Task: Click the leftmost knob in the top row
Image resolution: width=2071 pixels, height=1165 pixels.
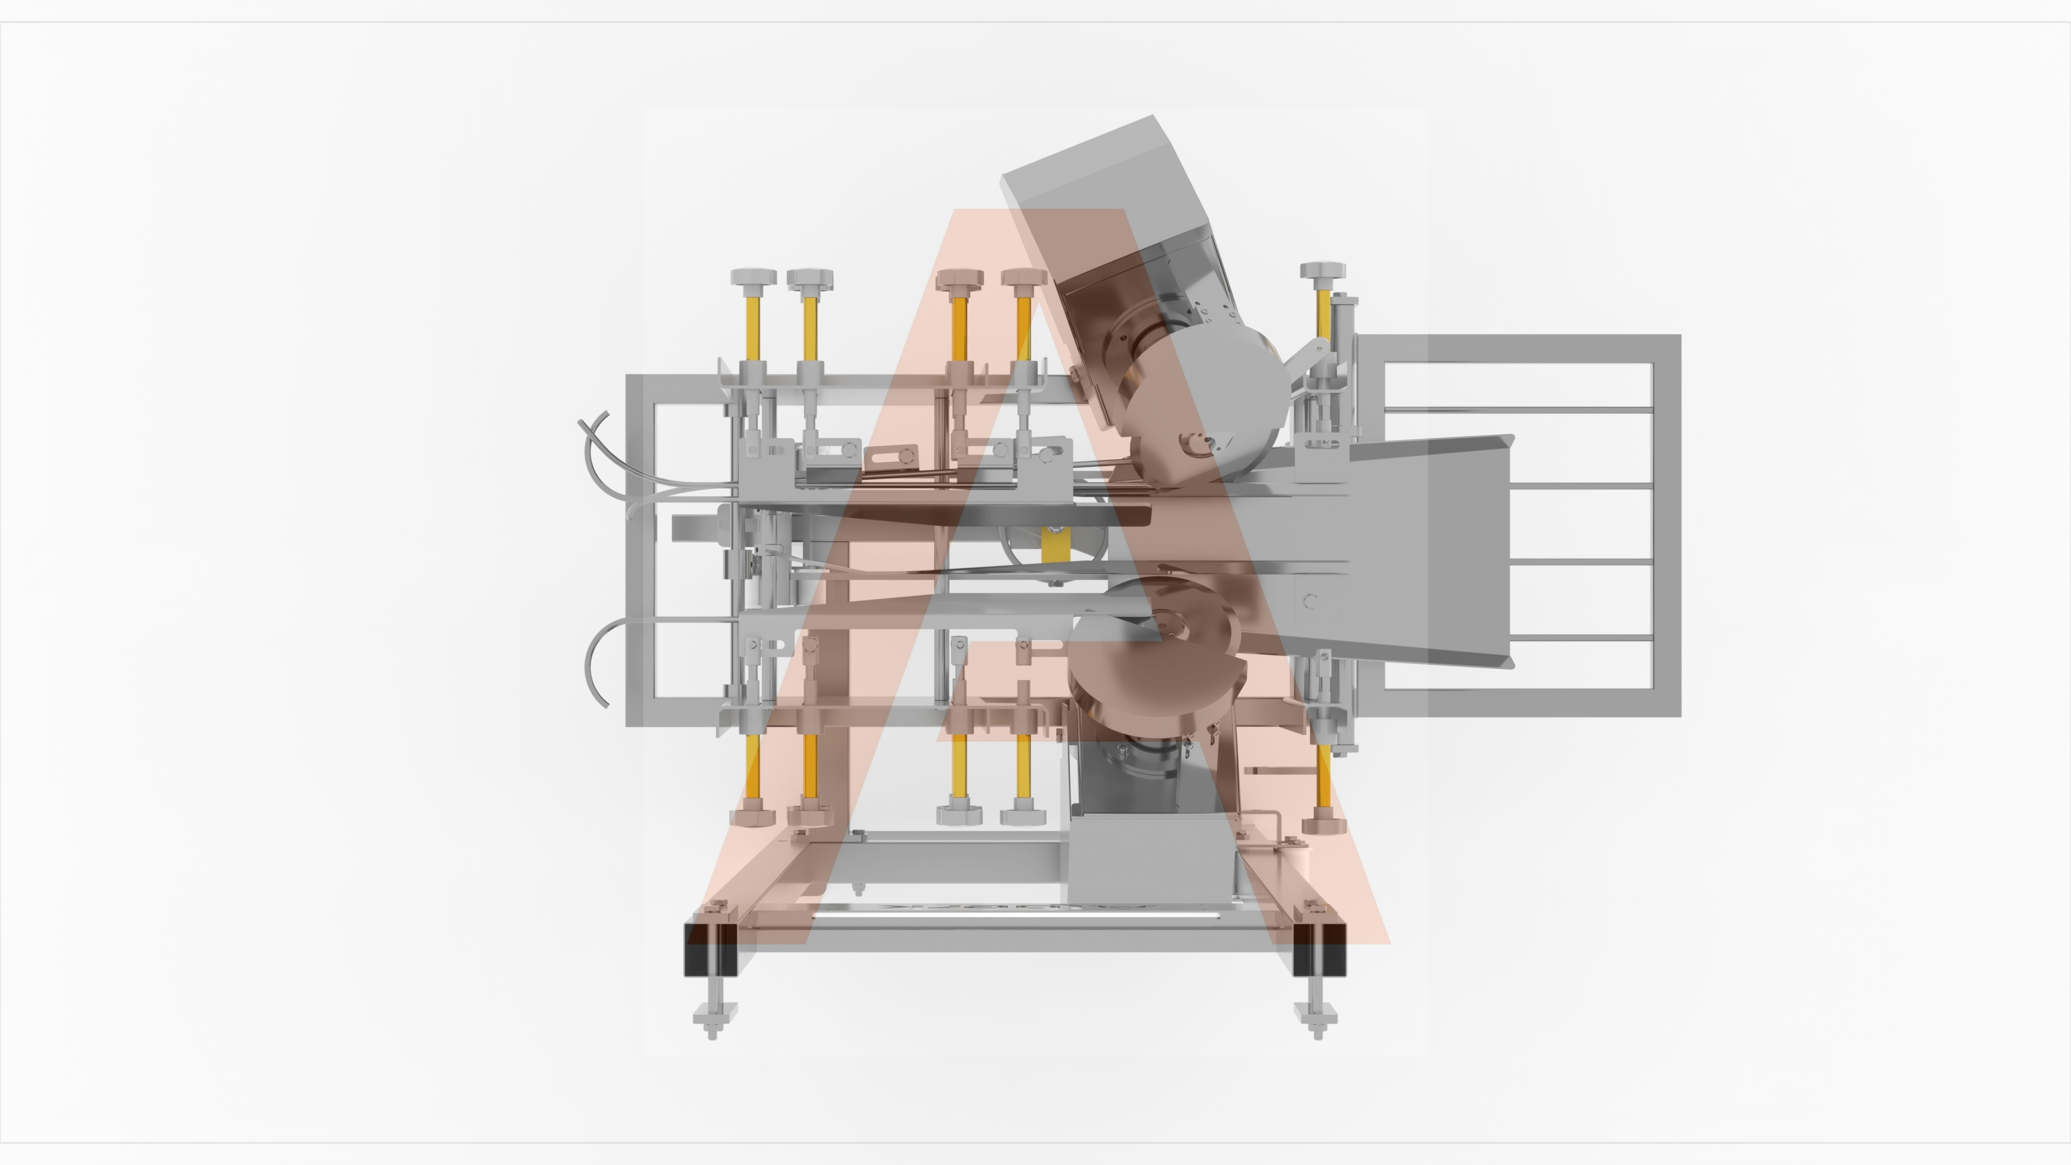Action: pyautogui.click(x=753, y=277)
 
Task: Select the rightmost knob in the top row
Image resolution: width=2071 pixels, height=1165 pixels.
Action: pyautogui.click(x=1322, y=270)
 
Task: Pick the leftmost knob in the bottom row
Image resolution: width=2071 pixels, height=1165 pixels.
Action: pyautogui.click(x=752, y=818)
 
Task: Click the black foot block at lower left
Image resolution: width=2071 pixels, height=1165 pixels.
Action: pyautogui.click(x=711, y=949)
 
